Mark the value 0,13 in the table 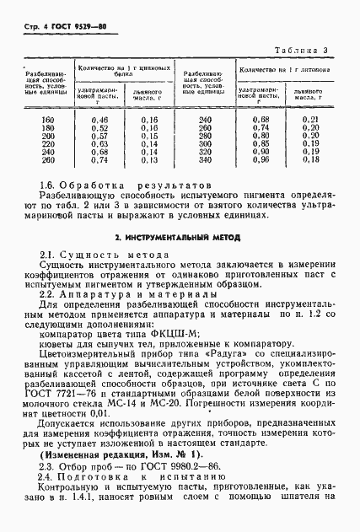(150, 159)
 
